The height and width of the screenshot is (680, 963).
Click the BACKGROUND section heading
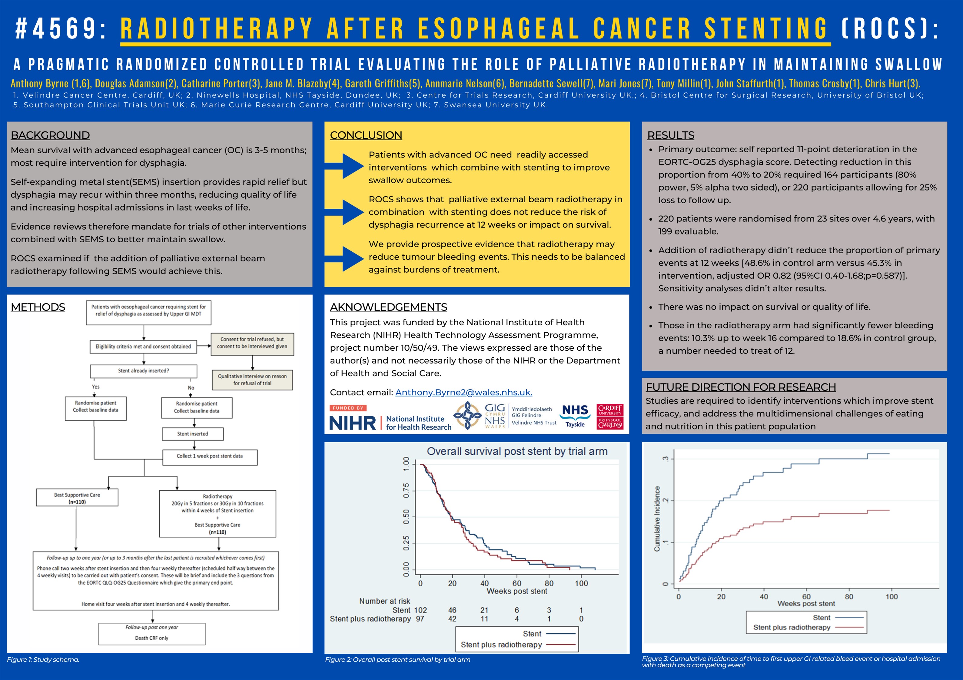[x=50, y=135]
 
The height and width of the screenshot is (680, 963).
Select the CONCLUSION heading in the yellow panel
[x=366, y=135]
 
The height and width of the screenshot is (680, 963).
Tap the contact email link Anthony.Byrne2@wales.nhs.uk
[x=463, y=392]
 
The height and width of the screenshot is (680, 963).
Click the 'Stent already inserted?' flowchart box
[x=144, y=371]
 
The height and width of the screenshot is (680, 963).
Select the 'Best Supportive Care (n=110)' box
[x=77, y=498]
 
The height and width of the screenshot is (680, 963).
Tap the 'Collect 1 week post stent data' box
[x=210, y=456]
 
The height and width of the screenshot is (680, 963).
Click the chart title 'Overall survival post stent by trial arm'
[x=517, y=451]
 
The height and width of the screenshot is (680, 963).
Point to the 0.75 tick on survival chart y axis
[x=406, y=490]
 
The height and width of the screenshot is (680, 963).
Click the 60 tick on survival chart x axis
[x=517, y=583]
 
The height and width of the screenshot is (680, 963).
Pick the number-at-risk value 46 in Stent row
[x=452, y=610]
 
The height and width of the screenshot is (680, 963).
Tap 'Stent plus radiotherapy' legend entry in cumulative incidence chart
[x=792, y=627]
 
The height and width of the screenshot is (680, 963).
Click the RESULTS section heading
[x=671, y=135]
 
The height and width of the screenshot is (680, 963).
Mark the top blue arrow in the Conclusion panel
[x=346, y=166]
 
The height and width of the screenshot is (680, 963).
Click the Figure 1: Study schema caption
[x=43, y=659]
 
